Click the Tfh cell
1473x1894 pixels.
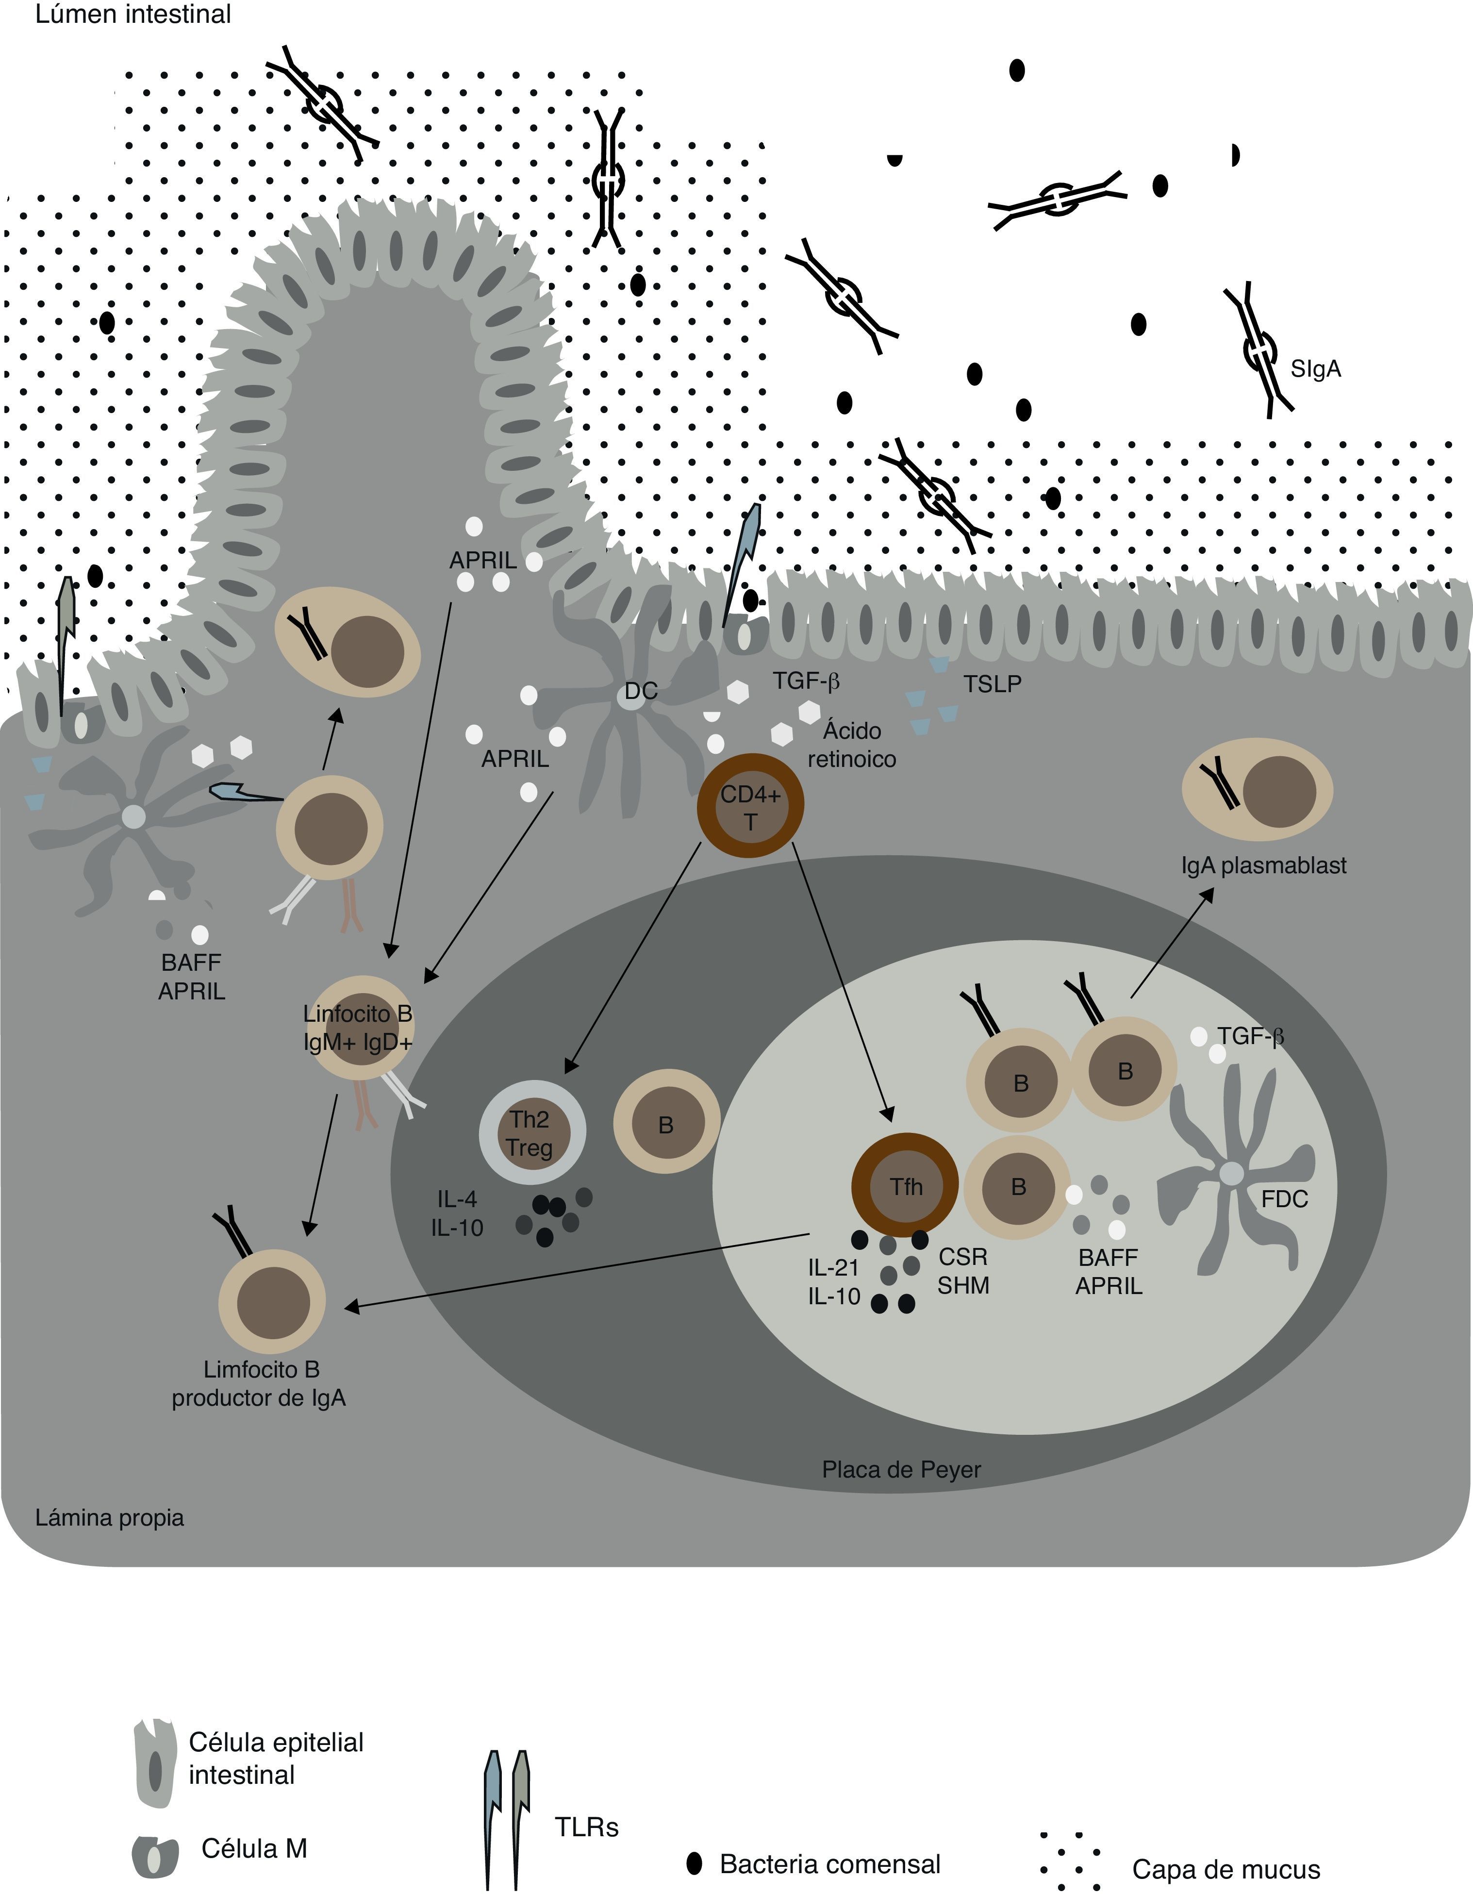coord(905,1185)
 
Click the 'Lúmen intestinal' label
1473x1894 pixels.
coord(132,15)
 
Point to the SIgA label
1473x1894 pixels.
coord(1315,368)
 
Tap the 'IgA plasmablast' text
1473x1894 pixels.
coord(1263,864)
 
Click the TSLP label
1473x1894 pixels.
coord(992,684)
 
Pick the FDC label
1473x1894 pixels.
coord(1284,1199)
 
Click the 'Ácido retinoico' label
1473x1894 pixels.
coord(851,744)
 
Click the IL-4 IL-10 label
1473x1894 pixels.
coord(457,1213)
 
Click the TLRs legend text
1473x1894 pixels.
coord(586,1827)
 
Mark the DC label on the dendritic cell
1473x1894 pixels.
coord(641,691)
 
